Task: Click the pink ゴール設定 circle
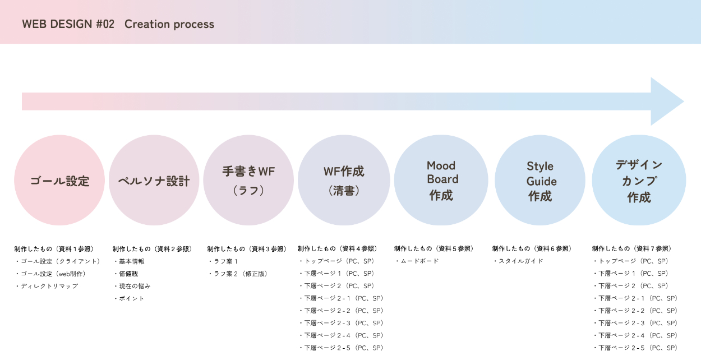pos(59,181)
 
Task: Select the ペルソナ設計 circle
pos(154,181)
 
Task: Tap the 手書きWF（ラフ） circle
pos(248,181)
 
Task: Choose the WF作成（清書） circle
pos(344,181)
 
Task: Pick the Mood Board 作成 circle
pos(441,181)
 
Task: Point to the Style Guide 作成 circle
pos(539,181)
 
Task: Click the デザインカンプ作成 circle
pos(639,181)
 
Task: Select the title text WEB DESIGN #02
pos(68,24)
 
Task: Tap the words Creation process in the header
pos(169,24)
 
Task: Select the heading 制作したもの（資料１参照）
pos(54,249)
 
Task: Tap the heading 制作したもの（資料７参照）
pos(632,249)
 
